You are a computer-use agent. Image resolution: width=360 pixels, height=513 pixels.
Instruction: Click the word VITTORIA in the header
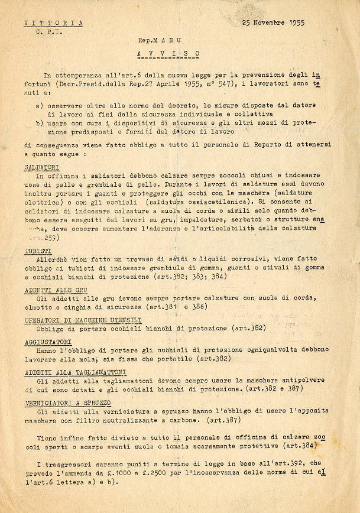click(53, 23)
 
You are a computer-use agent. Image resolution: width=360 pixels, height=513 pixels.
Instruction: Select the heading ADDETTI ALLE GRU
click(56, 291)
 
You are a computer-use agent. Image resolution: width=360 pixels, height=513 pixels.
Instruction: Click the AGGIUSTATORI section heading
click(48, 342)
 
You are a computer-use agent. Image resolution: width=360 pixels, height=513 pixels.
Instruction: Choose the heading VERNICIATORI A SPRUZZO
click(68, 402)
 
